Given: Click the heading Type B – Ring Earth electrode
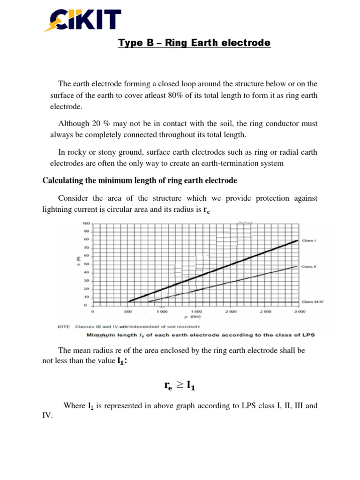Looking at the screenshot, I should click(x=194, y=43).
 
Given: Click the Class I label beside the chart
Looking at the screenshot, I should click(x=309, y=240).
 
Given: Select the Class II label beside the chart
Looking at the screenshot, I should click(x=309, y=266).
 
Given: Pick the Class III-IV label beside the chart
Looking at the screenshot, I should click(x=313, y=301).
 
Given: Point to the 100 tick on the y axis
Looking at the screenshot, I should click(x=86, y=223).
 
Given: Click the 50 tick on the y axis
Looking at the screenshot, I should click(x=86, y=264).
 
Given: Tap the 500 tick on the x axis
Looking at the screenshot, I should click(x=127, y=311).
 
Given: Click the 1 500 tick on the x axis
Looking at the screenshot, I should click(x=196, y=311).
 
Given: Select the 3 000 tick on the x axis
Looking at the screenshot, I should click(x=300, y=311).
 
